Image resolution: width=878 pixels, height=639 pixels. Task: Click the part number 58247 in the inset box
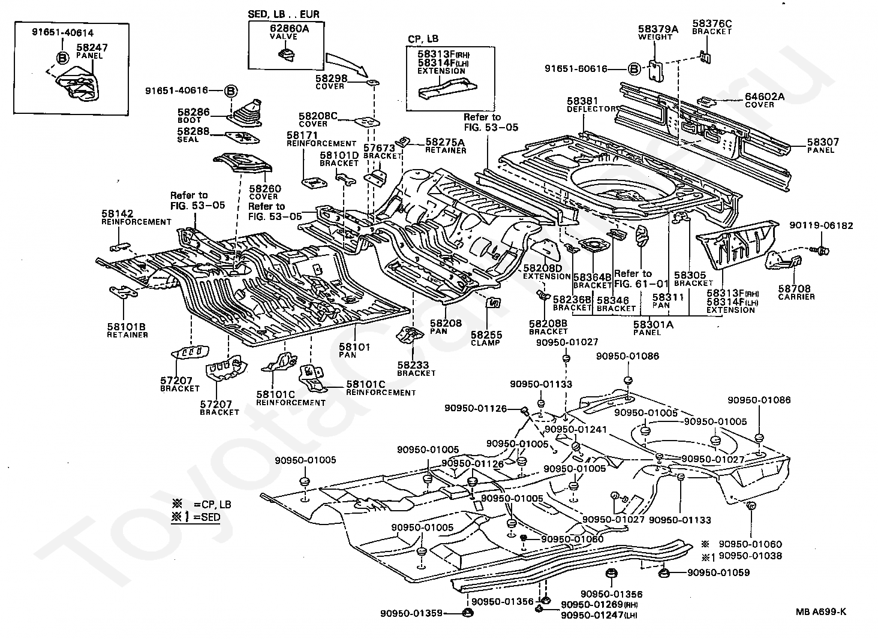point(92,47)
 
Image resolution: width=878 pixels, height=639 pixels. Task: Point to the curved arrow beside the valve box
point(347,64)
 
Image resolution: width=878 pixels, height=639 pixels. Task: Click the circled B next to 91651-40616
point(231,91)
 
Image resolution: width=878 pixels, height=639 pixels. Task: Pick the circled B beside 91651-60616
point(634,70)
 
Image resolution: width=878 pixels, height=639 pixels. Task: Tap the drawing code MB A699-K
point(821,611)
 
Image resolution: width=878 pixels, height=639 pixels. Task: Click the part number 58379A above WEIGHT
point(658,29)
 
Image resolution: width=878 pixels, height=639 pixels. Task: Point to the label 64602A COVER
point(765,100)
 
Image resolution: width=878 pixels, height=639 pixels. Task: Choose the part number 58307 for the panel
point(823,141)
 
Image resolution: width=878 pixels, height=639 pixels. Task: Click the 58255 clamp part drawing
point(494,303)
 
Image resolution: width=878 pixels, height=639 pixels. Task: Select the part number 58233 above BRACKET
point(413,365)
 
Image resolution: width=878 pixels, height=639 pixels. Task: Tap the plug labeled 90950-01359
point(467,613)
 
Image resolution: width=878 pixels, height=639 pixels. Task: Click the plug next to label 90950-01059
point(663,574)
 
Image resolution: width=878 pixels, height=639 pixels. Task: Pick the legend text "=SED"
point(207,517)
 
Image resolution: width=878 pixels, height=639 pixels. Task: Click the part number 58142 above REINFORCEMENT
point(118,213)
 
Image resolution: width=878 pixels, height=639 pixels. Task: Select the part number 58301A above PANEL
point(654,324)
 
